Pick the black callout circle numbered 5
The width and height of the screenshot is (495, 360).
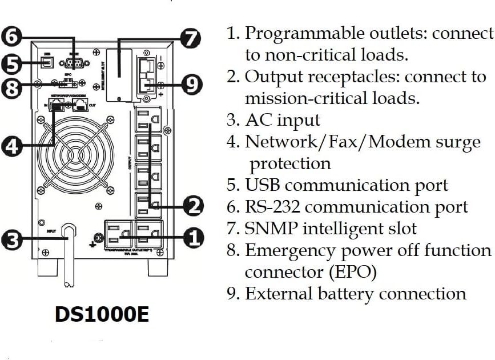pos(10,63)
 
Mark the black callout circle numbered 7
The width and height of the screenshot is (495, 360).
pos(191,38)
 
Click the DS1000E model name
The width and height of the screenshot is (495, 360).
pos(102,314)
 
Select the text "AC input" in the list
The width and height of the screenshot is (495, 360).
pos(283,121)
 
